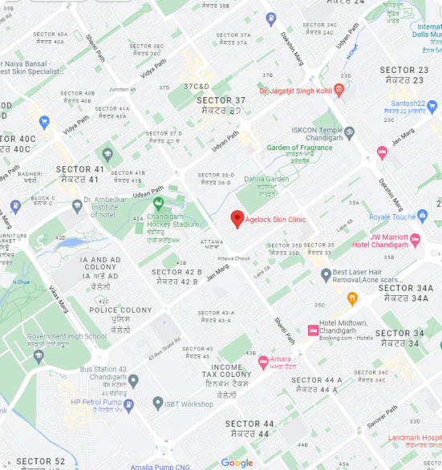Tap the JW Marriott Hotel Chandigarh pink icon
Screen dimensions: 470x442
click(415, 240)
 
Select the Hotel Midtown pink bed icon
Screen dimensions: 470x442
click(313, 330)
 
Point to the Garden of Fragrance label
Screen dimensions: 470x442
click(299, 148)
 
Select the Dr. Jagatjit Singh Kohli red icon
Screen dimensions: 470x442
click(340, 91)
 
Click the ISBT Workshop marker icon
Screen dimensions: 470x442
click(159, 403)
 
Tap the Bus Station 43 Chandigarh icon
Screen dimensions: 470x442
click(133, 380)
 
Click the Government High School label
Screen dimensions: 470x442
click(67, 337)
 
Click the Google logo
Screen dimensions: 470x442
click(237, 463)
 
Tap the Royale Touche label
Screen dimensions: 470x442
click(392, 217)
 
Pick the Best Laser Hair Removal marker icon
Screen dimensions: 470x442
click(325, 275)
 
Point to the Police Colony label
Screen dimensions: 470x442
click(120, 310)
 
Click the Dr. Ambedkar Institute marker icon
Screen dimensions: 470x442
click(77, 205)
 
